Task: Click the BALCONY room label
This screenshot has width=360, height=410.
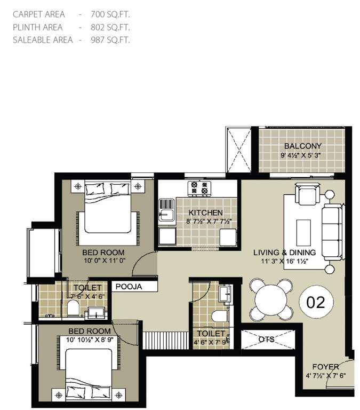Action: pos(302,146)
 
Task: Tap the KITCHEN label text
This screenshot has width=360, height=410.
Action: pos(201,212)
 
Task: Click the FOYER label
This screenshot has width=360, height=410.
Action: pos(326,367)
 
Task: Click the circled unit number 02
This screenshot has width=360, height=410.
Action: pos(316,303)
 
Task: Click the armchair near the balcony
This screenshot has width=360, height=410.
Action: pos(307,194)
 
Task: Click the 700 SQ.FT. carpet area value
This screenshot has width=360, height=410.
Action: pos(111,14)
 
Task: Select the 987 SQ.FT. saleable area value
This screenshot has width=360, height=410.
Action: pos(111,40)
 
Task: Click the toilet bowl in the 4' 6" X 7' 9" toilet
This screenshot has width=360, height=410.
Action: pos(219,316)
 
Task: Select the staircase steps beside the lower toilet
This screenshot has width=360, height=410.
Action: pos(164,339)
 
